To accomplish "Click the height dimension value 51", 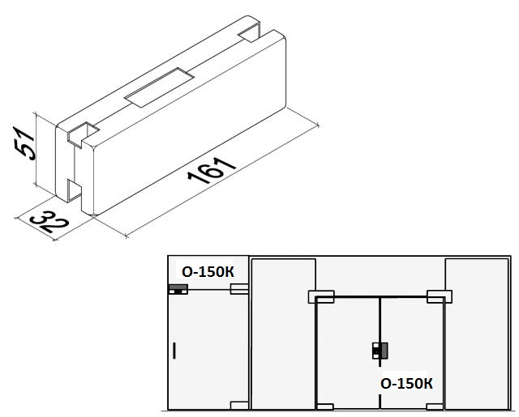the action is click(24, 143).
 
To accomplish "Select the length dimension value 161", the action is click(211, 171).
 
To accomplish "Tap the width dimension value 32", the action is click(49, 221).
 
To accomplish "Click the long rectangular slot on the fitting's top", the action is click(159, 87).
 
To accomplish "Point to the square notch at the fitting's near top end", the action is click(82, 133).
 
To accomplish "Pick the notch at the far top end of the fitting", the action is click(250, 32).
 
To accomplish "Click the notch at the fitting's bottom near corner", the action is click(75, 191).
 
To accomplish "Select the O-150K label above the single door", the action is click(208, 272).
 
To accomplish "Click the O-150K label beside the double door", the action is click(407, 384).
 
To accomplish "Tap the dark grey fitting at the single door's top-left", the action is click(178, 289).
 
